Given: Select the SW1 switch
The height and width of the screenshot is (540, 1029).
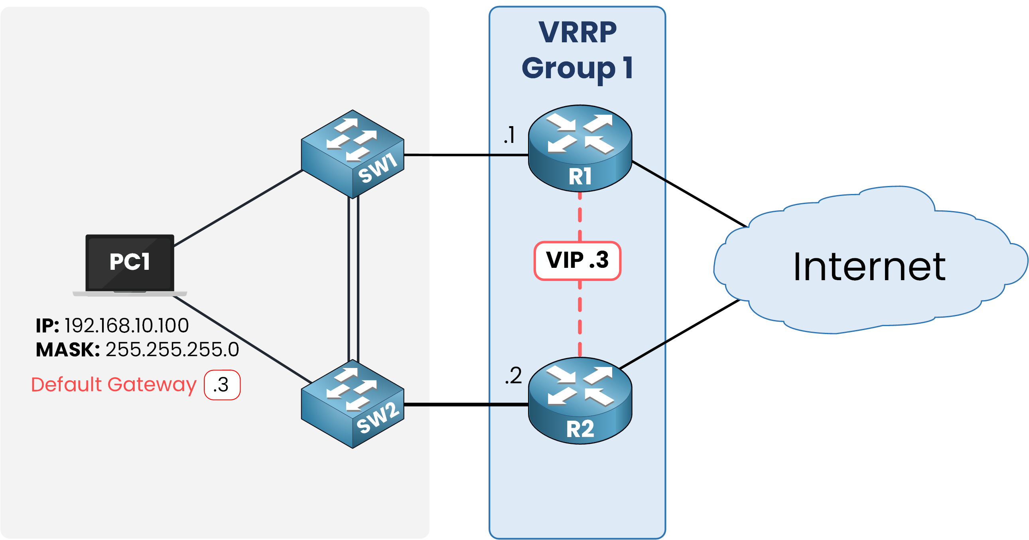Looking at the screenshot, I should (353, 154).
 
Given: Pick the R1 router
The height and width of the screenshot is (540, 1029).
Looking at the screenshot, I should (580, 149).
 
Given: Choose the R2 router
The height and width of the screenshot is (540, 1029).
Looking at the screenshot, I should (580, 401).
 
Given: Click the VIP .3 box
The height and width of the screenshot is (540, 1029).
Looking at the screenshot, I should (578, 261).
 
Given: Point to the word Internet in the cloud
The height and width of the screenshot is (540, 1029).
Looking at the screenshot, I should (869, 267).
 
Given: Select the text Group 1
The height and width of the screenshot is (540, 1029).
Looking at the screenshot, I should (578, 68).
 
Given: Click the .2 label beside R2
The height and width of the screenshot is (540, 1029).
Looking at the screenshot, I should (513, 376).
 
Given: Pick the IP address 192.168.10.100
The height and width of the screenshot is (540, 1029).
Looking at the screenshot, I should (126, 325).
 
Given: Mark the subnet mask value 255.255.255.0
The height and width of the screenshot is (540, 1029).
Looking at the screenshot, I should (172, 349).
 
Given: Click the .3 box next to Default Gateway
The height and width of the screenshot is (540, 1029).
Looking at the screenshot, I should (222, 385).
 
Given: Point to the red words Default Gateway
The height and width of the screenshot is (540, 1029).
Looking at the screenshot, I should (114, 384).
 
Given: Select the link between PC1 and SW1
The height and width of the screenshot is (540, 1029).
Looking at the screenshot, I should (238, 208).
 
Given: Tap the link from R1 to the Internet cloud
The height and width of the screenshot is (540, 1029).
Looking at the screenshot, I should (689, 194).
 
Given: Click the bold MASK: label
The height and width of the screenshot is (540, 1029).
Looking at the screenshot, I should (67, 349).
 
